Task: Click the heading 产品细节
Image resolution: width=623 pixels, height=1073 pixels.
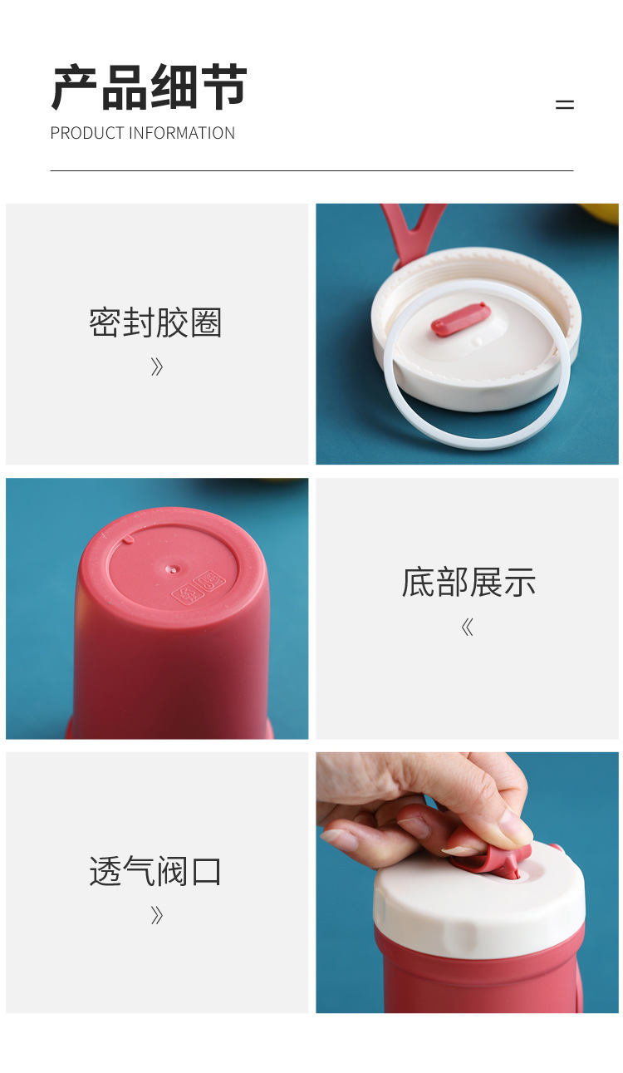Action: (149, 87)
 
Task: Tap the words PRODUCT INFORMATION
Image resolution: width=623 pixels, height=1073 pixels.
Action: (142, 133)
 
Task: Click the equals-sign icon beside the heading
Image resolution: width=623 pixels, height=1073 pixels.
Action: (565, 105)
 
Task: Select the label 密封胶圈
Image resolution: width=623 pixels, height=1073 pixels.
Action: (155, 322)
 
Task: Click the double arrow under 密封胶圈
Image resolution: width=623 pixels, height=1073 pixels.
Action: (156, 367)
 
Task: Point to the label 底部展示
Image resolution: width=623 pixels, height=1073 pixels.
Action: (468, 583)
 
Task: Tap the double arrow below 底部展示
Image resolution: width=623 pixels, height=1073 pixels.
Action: (467, 628)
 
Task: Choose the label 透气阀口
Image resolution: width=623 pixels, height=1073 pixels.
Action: (155, 871)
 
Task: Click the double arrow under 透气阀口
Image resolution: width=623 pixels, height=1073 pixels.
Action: (156, 915)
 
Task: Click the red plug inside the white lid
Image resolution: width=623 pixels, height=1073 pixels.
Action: (460, 320)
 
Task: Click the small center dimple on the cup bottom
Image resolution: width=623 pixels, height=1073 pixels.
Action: (172, 569)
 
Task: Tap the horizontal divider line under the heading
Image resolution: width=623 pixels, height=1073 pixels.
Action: (311, 170)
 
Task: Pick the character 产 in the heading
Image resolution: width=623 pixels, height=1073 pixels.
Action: (74, 87)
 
